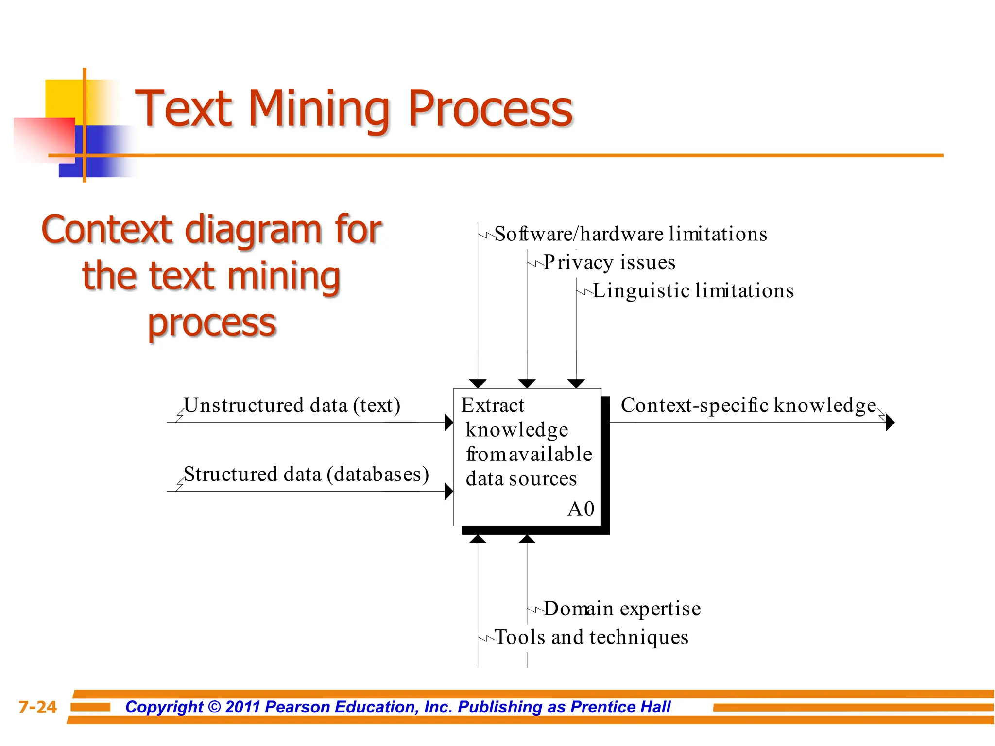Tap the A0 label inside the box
(581, 509)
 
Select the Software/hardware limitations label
(631, 234)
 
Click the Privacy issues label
(609, 262)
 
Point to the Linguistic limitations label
(693, 290)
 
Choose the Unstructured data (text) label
(292, 406)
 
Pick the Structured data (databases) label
(306, 475)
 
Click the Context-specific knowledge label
(748, 406)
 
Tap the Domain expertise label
(622, 609)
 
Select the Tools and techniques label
(591, 637)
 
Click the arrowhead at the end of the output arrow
(890, 423)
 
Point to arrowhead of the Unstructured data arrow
(449, 423)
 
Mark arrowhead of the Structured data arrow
(449, 492)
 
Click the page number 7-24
(37, 707)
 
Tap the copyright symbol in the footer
(214, 707)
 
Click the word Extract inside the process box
(493, 406)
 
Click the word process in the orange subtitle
(212, 323)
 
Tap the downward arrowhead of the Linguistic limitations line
(576, 384)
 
